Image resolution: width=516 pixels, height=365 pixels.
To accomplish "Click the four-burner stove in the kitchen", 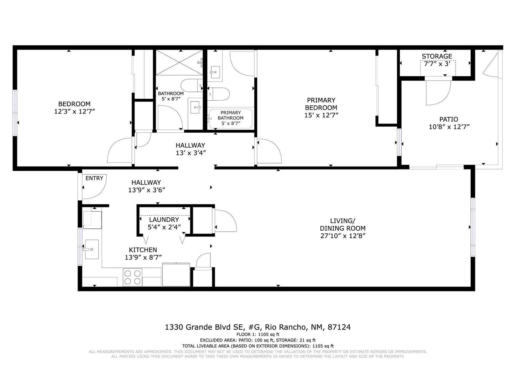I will point(133,277).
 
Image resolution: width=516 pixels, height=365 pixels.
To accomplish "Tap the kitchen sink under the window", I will point(92,249).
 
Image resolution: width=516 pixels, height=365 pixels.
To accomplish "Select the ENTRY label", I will point(94,178).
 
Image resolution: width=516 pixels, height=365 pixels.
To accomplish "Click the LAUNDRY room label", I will point(164,220).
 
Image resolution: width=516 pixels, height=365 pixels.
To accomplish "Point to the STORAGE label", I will point(437,56).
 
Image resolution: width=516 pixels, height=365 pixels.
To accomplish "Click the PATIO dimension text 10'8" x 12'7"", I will point(449,127).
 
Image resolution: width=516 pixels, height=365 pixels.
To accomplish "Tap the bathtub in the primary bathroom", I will point(230,118).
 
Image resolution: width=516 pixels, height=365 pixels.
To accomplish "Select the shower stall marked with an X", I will point(179,62).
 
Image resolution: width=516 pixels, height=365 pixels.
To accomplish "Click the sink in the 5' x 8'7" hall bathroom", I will point(195,107).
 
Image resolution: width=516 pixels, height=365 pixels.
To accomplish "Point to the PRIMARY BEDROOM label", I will point(321,104).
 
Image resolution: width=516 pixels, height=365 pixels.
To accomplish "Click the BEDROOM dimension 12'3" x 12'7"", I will point(75,112).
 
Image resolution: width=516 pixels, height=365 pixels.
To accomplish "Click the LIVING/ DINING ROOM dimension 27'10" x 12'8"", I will point(343,236).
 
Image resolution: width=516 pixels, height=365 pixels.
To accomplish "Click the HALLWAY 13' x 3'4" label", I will point(190,149).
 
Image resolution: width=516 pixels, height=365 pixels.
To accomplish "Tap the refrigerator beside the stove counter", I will point(176,275).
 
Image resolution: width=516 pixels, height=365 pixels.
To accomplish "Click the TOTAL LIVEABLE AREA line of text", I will point(257,346).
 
